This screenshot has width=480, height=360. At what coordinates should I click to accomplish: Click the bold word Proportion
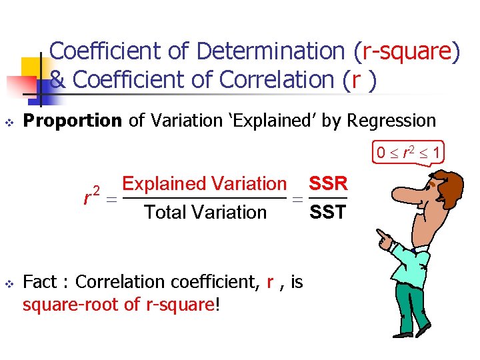pos(73,121)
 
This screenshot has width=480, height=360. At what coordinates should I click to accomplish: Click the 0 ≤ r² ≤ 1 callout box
pos(407,153)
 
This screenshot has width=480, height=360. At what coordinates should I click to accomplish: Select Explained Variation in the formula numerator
pos(205,184)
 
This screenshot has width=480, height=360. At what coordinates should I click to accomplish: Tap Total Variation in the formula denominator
pos(205,213)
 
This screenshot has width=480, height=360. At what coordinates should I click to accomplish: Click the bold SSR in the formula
pos(328,184)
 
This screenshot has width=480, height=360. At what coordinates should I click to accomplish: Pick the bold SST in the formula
pos(328,213)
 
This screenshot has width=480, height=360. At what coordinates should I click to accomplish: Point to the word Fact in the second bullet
pos(39,282)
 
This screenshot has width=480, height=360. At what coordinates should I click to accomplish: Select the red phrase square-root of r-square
pos(120,305)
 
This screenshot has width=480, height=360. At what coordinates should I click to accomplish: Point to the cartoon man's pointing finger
pos(380,235)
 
